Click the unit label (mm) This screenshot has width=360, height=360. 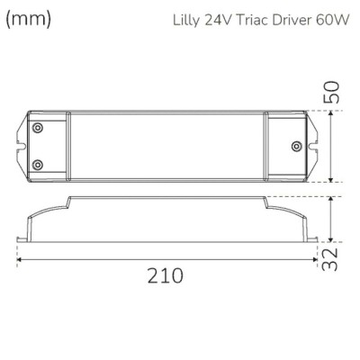[28, 19]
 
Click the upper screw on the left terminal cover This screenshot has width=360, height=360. [37, 130]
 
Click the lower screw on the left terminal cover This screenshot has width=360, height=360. [37, 164]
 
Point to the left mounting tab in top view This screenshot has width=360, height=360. [22, 147]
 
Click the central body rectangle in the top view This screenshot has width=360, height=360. [166, 147]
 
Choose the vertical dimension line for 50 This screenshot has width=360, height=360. [334, 147]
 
